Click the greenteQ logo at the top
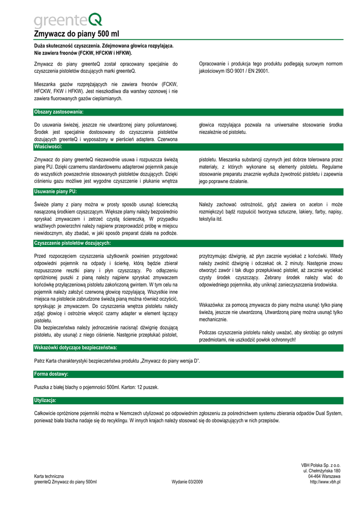pyautogui.click(x=68, y=20)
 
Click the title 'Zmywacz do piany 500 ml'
pyautogui.click(x=76, y=34)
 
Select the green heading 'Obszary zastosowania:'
pyautogui.click(x=59, y=112)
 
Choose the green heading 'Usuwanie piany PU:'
pyautogui.click(x=55, y=191)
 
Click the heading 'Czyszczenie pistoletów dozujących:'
pyautogui.click(x=72, y=243)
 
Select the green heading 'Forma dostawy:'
pyautogui.click(x=51, y=374)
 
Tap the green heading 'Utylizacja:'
pyautogui.click(x=45, y=400)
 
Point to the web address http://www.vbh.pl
pyautogui.click(x=325, y=482)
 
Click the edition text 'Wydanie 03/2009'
pyautogui.click(x=187, y=482)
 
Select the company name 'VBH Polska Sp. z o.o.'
pyautogui.click(x=320, y=465)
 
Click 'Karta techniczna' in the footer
pyautogui.click(x=49, y=476)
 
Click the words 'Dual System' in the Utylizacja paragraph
pyautogui.click(x=329, y=413)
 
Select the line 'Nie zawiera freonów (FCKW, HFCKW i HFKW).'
pyautogui.click(x=83, y=53)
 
